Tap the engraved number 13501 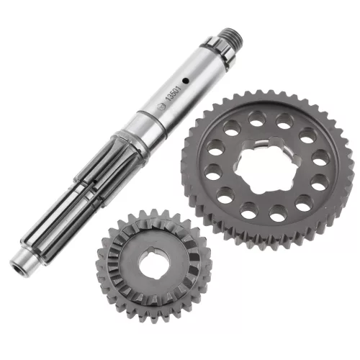pyautogui.click(x=174, y=94)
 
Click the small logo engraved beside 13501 pyautogui.click(x=161, y=107)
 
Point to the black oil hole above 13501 pyautogui.click(x=185, y=81)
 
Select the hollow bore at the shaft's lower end pyautogui.click(x=18, y=270)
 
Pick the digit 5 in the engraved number pyautogui.click(x=174, y=94)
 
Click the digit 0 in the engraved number pyautogui.click(x=176, y=90)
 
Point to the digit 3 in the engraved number pyautogui.click(x=171, y=97)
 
